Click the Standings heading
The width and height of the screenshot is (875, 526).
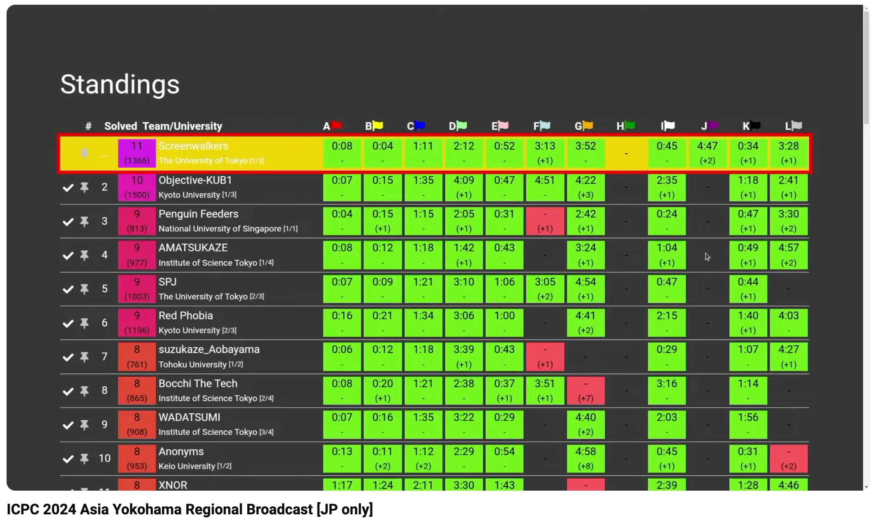click(120, 85)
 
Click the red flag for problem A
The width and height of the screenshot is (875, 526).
click(337, 125)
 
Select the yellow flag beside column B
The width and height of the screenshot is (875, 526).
click(378, 125)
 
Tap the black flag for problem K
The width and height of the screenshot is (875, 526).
click(755, 125)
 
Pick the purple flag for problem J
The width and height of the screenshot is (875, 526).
click(713, 125)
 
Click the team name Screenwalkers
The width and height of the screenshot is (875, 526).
click(193, 146)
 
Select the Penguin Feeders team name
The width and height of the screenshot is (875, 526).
click(198, 214)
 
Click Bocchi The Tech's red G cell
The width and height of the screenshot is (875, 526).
click(586, 390)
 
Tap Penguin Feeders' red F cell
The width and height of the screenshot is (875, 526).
click(545, 221)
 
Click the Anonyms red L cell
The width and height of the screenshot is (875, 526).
click(788, 458)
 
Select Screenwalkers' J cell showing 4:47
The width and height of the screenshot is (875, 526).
click(707, 153)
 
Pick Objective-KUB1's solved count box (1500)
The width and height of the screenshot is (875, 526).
click(137, 187)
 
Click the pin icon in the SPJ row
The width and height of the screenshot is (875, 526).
click(84, 289)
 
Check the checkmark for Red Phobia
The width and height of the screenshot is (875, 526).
click(68, 323)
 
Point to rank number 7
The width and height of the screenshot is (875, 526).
click(105, 357)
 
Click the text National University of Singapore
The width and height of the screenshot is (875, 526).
click(220, 229)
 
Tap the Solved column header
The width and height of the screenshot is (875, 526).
click(121, 126)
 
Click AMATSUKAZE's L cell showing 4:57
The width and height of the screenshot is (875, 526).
click(788, 255)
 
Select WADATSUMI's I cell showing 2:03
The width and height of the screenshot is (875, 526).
click(666, 424)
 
